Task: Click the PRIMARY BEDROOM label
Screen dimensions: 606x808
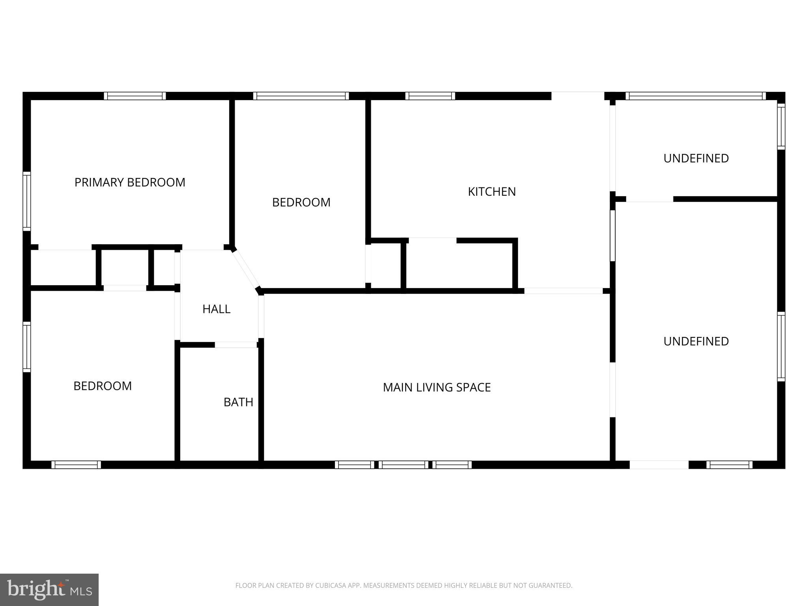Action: coord(130,182)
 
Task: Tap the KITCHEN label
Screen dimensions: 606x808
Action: coord(492,192)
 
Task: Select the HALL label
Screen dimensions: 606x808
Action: coord(216,309)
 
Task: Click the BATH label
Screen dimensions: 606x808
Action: coord(238,402)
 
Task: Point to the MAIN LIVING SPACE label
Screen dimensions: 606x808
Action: coord(437,387)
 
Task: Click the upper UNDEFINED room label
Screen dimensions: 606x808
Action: coord(696,158)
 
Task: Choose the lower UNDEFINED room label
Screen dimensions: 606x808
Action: coord(696,341)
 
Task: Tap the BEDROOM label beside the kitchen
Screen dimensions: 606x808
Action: coord(301,202)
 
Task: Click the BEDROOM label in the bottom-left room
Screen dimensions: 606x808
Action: coord(103,386)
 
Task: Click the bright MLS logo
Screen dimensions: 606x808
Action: coord(49,590)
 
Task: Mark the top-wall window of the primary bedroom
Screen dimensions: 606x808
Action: coord(135,96)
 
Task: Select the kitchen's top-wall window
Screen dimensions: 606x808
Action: coord(430,96)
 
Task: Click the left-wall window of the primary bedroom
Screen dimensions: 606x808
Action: coord(26,201)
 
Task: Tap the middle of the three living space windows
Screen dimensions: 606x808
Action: coord(403,465)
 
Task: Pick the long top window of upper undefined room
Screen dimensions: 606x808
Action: coord(695,96)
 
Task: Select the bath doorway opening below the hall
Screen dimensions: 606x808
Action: coord(236,345)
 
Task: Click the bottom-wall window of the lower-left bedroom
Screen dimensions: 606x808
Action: coord(76,465)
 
